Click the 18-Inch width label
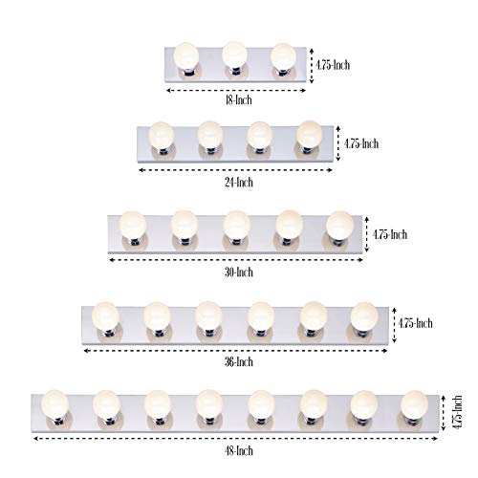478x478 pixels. click(239, 100)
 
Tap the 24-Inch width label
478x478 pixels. click(239, 183)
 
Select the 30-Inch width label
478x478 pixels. click(239, 272)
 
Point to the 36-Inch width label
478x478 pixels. click(239, 361)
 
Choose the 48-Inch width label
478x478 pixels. click(239, 450)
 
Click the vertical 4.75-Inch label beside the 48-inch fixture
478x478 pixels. click(458, 412)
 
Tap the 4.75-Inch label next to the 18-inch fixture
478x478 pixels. click(333, 65)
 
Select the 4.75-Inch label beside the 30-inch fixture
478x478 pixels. click(390, 234)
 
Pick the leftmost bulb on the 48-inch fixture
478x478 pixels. click(54, 404)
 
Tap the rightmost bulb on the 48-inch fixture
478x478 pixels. click(414, 405)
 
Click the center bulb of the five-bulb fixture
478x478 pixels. click(236, 225)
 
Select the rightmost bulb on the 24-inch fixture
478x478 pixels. click(310, 135)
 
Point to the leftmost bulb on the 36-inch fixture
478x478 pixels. click(105, 316)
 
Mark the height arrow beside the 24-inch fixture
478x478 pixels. click(338, 143)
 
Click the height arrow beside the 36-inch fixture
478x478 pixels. click(394, 325)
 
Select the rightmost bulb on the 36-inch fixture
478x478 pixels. click(364, 316)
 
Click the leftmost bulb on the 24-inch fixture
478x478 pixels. click(162, 136)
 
